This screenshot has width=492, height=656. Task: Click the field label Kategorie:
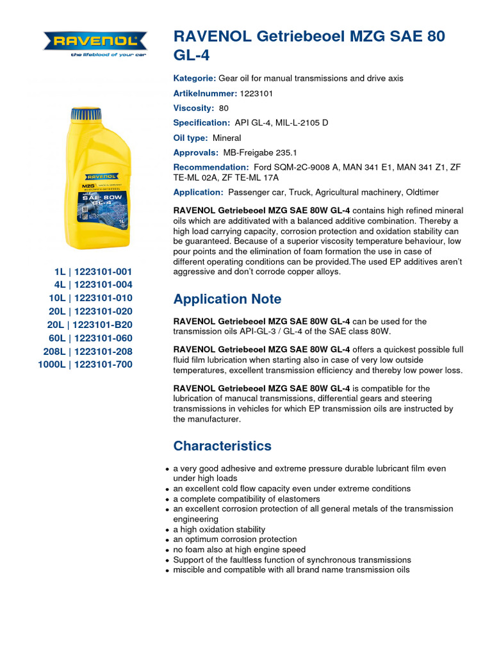(195, 78)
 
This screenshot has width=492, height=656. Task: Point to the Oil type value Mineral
(227, 138)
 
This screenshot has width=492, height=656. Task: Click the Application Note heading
(227, 299)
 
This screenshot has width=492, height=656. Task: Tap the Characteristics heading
(222, 446)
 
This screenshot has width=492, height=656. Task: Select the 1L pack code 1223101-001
(103, 271)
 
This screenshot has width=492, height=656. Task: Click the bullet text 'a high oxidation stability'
(219, 530)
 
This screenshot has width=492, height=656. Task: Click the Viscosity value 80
(224, 108)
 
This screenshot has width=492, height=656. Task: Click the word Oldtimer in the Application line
(421, 192)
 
